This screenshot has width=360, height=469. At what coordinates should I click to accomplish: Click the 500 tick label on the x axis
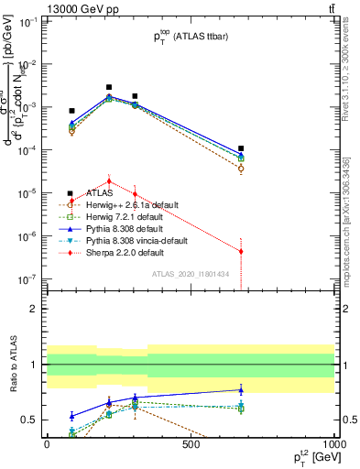(x=191, y=444)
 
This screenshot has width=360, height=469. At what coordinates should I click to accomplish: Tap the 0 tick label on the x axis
(x=47, y=444)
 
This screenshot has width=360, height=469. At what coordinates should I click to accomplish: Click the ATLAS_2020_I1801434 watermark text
(x=191, y=274)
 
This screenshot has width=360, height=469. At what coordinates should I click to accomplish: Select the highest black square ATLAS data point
(x=109, y=87)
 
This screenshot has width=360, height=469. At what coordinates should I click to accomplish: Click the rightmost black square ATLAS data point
(x=241, y=148)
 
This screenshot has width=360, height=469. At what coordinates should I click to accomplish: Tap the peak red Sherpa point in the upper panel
(x=109, y=180)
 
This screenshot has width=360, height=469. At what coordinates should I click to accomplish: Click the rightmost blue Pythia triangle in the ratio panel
(x=241, y=390)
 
